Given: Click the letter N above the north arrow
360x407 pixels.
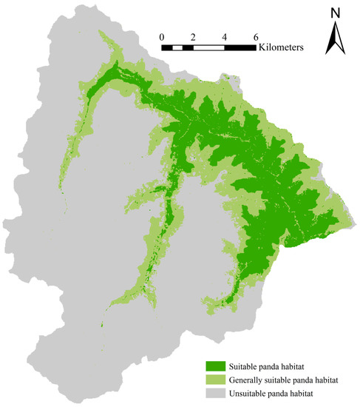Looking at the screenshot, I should click(x=336, y=13).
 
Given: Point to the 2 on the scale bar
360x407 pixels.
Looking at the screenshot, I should click(x=193, y=36).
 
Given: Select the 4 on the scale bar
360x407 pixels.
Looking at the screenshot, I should click(x=224, y=36).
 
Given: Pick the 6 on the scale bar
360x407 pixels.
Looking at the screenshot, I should click(x=256, y=36).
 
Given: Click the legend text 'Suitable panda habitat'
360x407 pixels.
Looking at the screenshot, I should click(x=270, y=366).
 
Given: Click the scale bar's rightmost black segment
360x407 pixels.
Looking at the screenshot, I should click(x=240, y=47).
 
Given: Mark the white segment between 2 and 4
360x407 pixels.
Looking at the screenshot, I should click(x=208, y=47).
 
